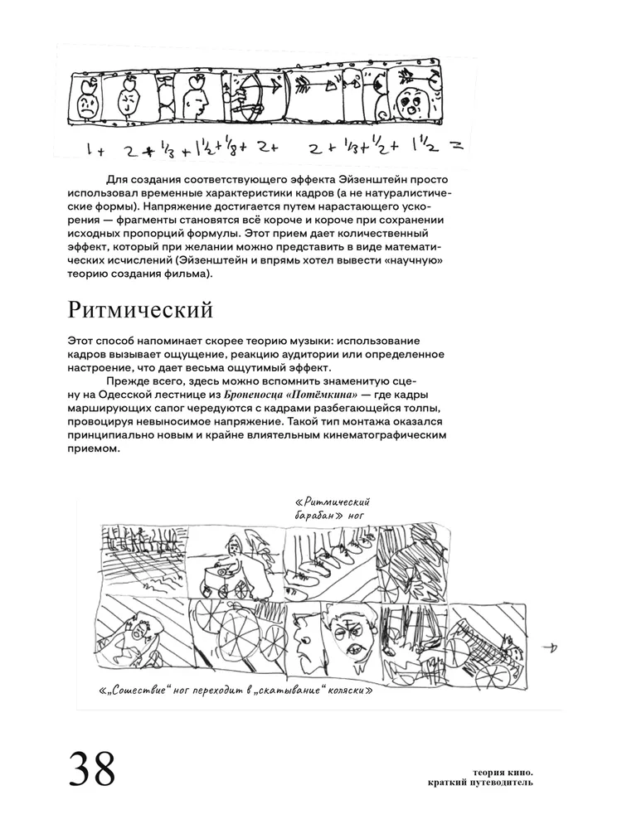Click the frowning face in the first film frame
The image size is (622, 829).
click(85, 105)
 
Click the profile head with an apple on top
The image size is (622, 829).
click(196, 98)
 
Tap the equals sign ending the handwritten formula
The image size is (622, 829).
click(454, 146)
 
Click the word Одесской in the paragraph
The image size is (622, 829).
click(121, 395)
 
